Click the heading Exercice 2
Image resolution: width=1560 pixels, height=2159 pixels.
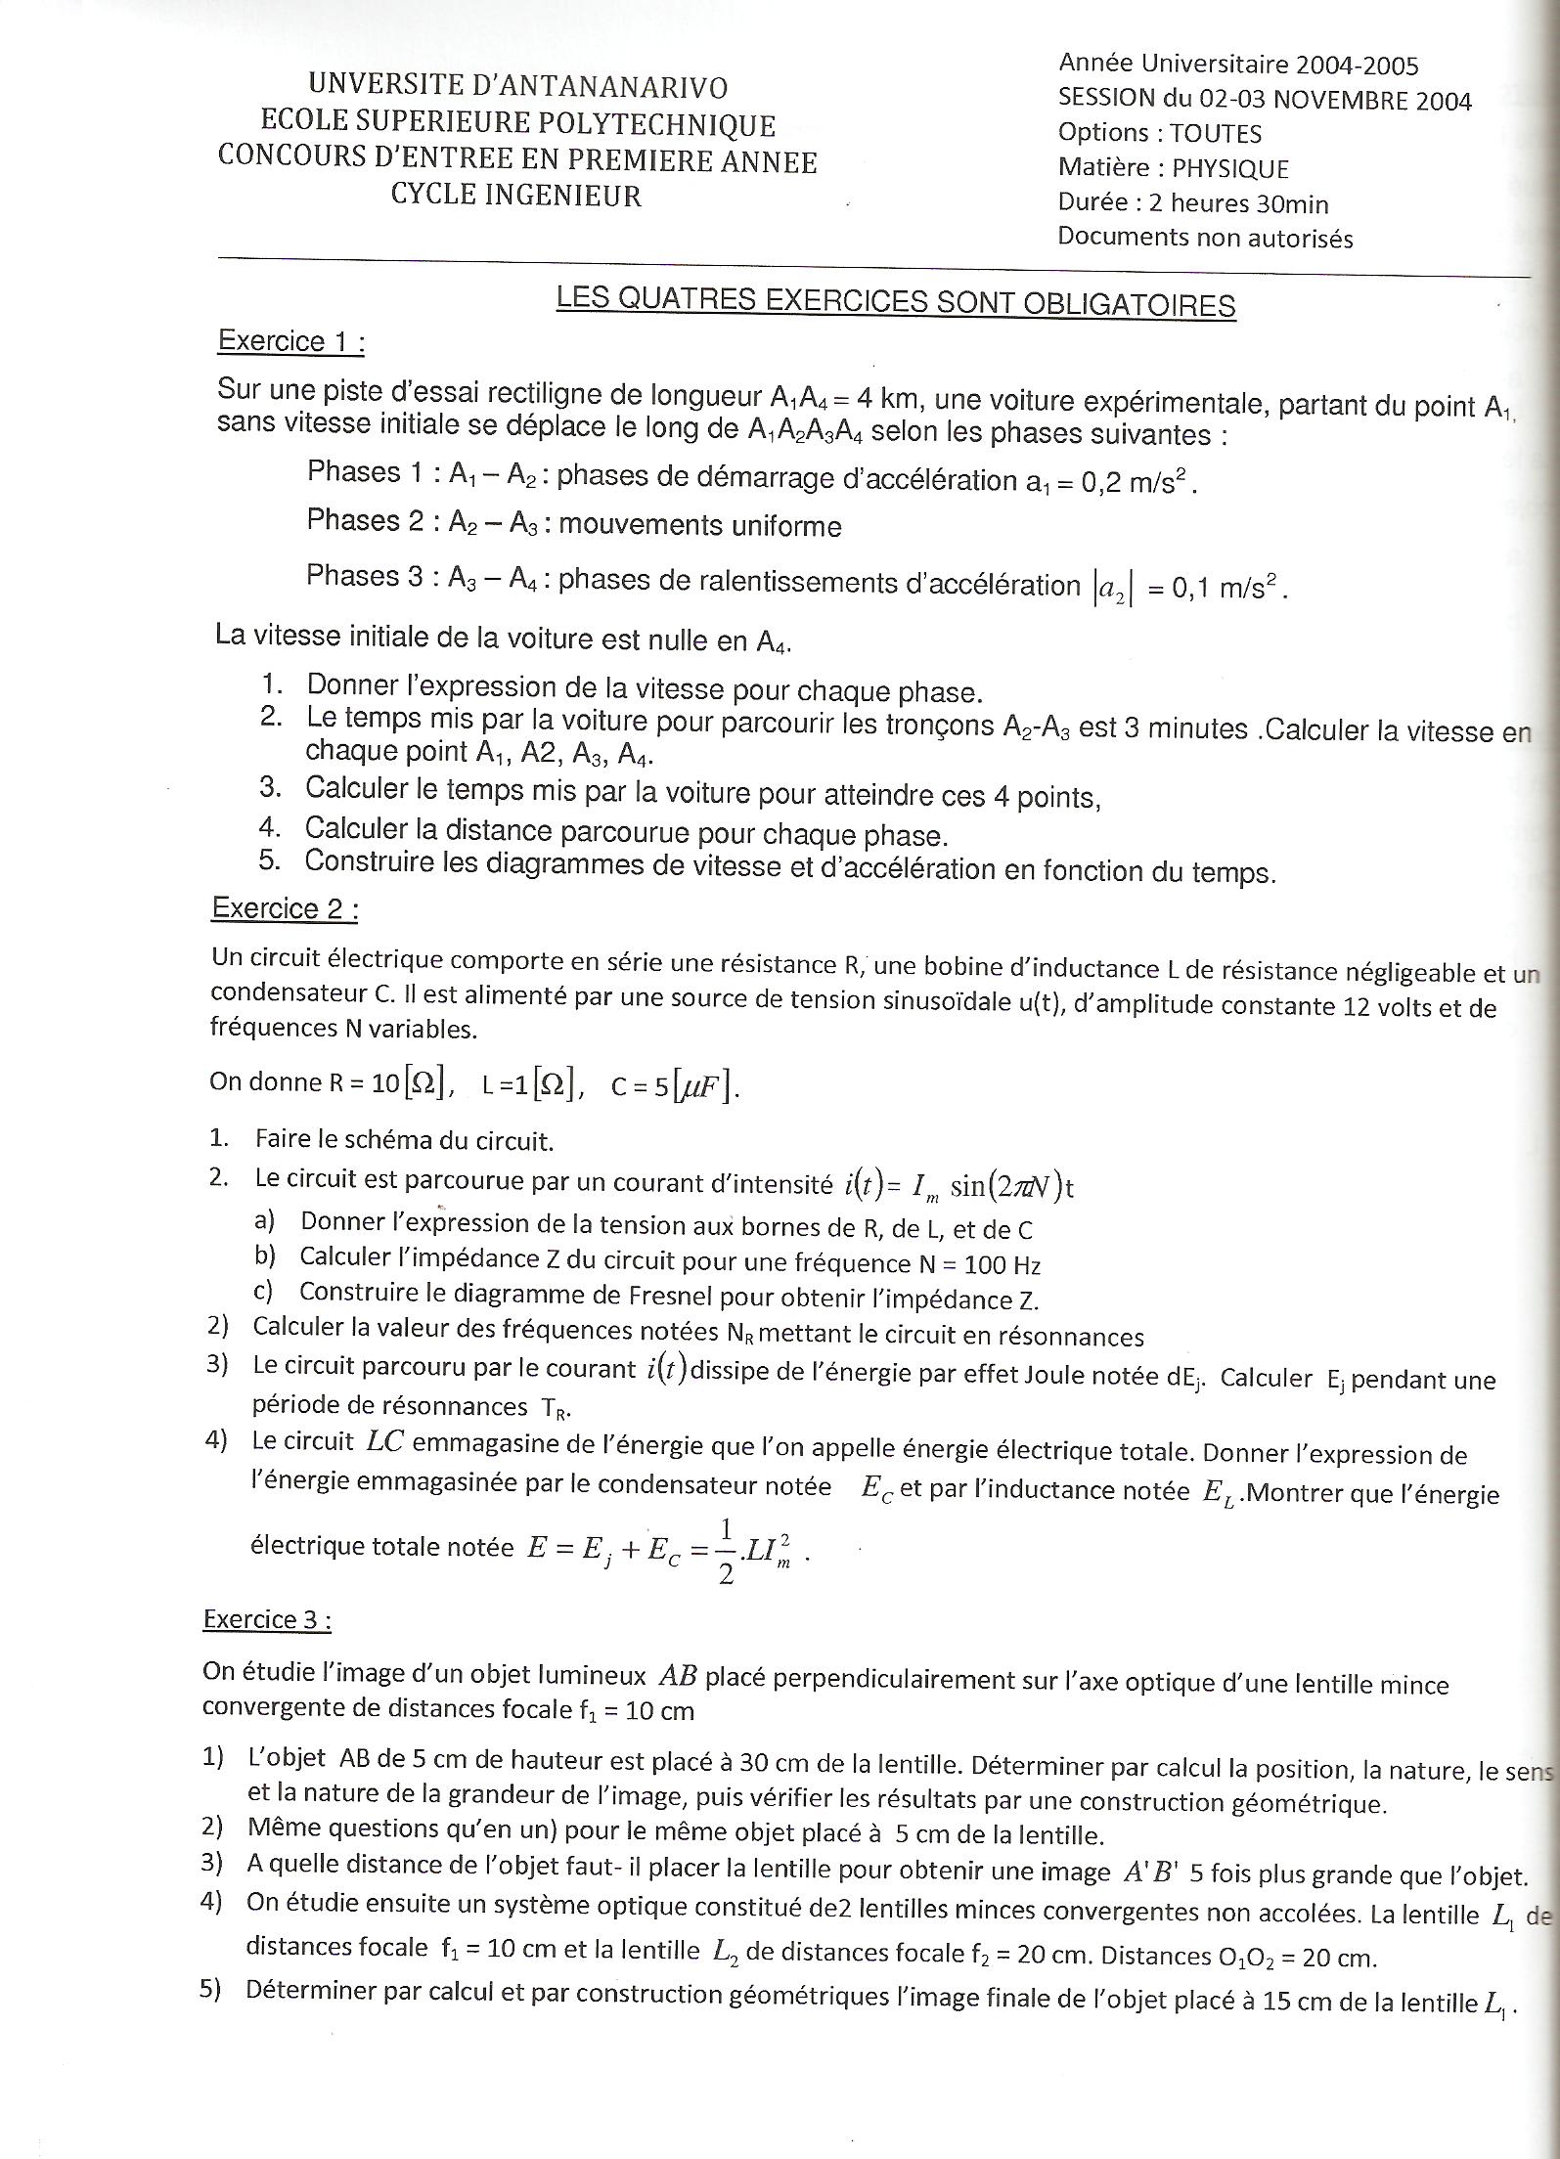pos(285,909)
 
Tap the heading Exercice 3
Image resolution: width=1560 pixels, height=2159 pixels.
pos(266,1619)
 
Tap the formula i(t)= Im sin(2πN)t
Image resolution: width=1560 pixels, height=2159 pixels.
pos(958,1186)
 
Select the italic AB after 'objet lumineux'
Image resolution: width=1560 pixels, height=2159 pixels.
pos(677,1676)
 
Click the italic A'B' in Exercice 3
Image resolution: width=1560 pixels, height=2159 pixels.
pos(1150,1872)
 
